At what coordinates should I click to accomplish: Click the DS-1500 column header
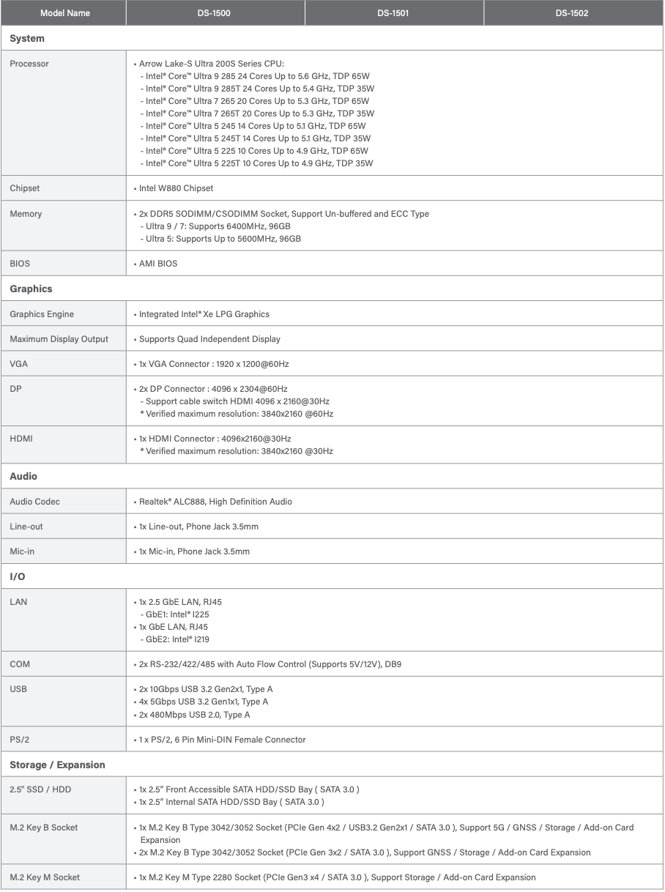click(215, 13)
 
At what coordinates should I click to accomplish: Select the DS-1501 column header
click(393, 13)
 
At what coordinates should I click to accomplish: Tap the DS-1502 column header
click(571, 13)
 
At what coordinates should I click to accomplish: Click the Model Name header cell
click(65, 13)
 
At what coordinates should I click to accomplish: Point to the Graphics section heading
click(31, 289)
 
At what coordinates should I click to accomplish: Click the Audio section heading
click(23, 476)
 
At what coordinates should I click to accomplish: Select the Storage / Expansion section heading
click(57, 765)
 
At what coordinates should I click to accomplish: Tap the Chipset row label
click(25, 188)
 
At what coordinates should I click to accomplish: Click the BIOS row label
click(20, 263)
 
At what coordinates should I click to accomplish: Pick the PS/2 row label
click(21, 740)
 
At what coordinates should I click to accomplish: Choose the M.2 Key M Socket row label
click(45, 877)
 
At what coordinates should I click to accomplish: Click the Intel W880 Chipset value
click(176, 188)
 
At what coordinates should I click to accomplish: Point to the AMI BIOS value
click(157, 263)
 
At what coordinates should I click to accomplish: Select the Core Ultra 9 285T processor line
click(257, 88)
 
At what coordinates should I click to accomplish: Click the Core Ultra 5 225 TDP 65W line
click(257, 150)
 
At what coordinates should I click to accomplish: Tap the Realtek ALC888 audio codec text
click(215, 502)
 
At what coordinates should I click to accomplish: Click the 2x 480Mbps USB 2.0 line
click(194, 714)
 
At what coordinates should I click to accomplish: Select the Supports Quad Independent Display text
click(209, 338)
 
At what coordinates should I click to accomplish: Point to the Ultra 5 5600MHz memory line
click(220, 238)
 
